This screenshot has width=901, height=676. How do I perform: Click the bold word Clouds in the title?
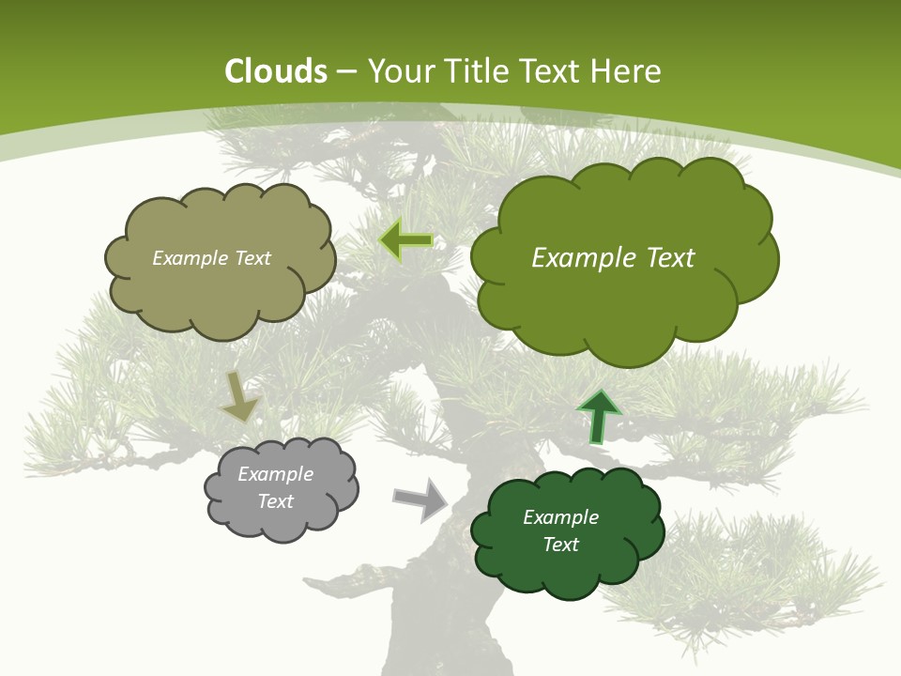point(276,71)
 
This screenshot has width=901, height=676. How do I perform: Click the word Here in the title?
point(627,71)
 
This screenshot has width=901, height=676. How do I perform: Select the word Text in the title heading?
point(551,71)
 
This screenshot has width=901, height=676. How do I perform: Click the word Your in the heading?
point(401,71)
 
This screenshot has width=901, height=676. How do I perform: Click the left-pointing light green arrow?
point(405,240)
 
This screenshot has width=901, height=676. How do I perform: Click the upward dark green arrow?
point(598,417)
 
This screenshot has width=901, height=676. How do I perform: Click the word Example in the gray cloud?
point(275,474)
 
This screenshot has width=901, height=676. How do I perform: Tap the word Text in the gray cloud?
point(275,501)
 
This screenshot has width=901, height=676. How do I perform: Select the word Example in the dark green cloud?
point(560,517)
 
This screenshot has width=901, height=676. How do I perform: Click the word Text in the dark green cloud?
point(560,545)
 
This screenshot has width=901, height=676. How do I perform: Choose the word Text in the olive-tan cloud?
point(252,258)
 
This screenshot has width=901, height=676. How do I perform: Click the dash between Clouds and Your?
point(347,72)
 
